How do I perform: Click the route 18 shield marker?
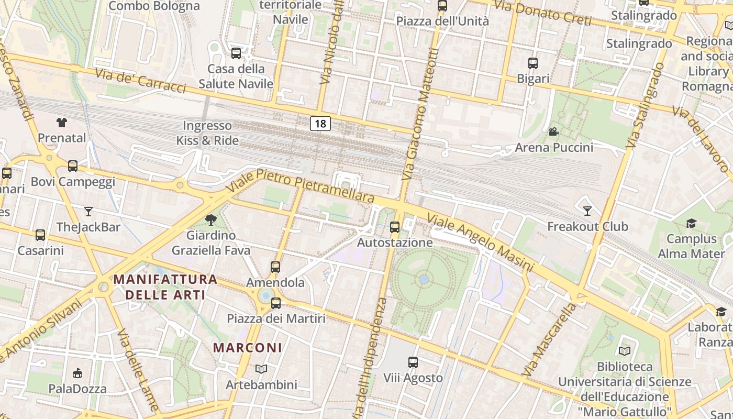coord(320,124)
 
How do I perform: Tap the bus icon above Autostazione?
coord(395,227)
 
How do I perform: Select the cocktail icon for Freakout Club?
coord(587,211)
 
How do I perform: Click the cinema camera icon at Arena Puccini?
coord(553,131)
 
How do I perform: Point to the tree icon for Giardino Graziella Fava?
coord(211,219)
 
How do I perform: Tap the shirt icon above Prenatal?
coord(62,123)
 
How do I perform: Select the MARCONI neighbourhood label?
coord(248,348)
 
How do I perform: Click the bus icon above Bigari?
coord(533,63)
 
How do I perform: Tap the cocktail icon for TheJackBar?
coord(88,212)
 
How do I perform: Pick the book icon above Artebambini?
coord(261,369)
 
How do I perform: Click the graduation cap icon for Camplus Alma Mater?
coord(691,224)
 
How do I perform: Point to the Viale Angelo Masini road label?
coord(480,242)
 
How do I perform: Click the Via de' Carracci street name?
coord(140,81)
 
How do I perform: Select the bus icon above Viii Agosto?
coord(413,362)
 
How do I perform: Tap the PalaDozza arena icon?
coord(77,373)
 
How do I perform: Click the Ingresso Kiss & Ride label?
coord(207,133)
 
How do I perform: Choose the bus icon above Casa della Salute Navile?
coord(236,53)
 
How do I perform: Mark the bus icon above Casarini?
coord(40,235)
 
